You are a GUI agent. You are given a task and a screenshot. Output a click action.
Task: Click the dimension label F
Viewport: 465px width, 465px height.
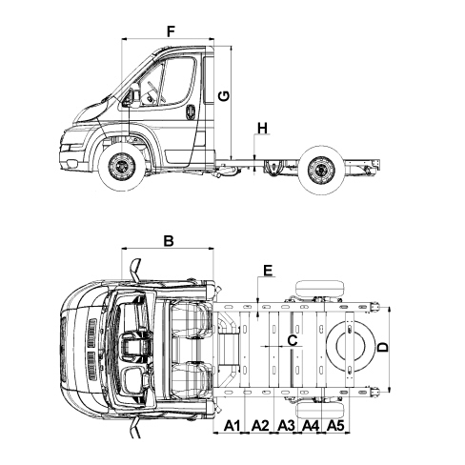coord(171,31)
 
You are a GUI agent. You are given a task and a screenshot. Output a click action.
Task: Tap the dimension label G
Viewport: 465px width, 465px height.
coord(224,95)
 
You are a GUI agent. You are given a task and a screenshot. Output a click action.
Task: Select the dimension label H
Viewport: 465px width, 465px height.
coord(263,129)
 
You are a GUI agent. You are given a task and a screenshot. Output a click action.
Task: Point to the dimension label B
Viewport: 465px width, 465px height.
coord(169,240)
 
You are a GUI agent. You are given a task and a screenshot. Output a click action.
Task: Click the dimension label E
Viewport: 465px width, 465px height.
coord(268,271)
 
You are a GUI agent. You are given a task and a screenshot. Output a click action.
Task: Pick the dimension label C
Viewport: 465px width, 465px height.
coord(293,340)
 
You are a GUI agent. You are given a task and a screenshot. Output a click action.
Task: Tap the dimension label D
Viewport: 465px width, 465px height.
coord(383,347)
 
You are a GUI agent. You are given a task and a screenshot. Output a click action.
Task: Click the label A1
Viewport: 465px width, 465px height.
coord(232,426)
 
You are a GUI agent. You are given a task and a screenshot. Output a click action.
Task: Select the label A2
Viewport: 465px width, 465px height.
coord(260,426)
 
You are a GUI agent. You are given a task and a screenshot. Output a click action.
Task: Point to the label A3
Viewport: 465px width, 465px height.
coord(286,426)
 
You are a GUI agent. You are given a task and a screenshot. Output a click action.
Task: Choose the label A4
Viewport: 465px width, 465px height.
coord(311,426)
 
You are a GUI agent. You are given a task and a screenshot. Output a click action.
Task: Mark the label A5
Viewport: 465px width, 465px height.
coord(335,426)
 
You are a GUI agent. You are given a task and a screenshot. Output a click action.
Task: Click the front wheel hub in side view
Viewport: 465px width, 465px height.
coord(121,167)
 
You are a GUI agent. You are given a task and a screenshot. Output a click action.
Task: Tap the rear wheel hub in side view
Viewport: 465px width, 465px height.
coord(322,170)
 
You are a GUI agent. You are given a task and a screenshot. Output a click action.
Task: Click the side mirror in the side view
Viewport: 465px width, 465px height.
coord(129,97)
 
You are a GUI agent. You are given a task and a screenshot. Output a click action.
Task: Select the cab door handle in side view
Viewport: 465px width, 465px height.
coord(191,112)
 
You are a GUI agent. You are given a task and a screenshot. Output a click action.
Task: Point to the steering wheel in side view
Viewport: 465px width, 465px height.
coord(155,91)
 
